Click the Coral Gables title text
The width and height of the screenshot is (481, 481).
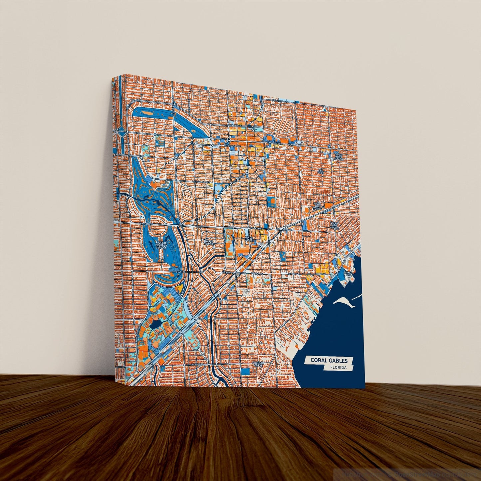click(329, 361)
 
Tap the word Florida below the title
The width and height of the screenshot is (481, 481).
click(339, 368)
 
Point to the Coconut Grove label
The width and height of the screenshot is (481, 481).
click(258, 363)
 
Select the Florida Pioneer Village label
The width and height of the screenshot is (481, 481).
click(161, 245)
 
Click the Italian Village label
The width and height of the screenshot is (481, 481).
click(209, 242)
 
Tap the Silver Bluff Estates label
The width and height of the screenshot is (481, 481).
click(339, 157)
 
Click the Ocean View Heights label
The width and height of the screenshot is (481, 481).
click(335, 225)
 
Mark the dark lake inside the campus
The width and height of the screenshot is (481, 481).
click(155, 323)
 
